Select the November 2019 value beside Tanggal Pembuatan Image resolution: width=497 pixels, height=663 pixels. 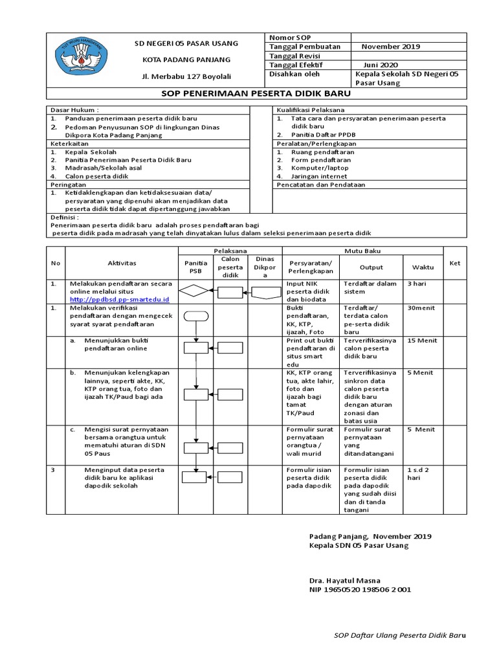pyautogui.click(x=390, y=47)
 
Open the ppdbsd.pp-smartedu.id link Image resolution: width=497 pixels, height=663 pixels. pyautogui.click(x=119, y=300)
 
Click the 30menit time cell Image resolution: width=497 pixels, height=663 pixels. pyautogui.click(x=421, y=308)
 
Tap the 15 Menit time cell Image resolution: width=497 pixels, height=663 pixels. pyautogui.click(x=422, y=341)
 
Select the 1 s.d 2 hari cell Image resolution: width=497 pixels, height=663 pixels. pyautogui.click(x=418, y=473)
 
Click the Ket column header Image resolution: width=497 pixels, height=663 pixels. pyautogui.click(x=454, y=262)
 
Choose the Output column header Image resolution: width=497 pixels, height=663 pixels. pyautogui.click(x=371, y=267)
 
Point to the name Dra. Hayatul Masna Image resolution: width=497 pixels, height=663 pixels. pyautogui.click(x=345, y=580)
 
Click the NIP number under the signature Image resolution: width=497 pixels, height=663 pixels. pyautogui.click(x=360, y=590)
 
